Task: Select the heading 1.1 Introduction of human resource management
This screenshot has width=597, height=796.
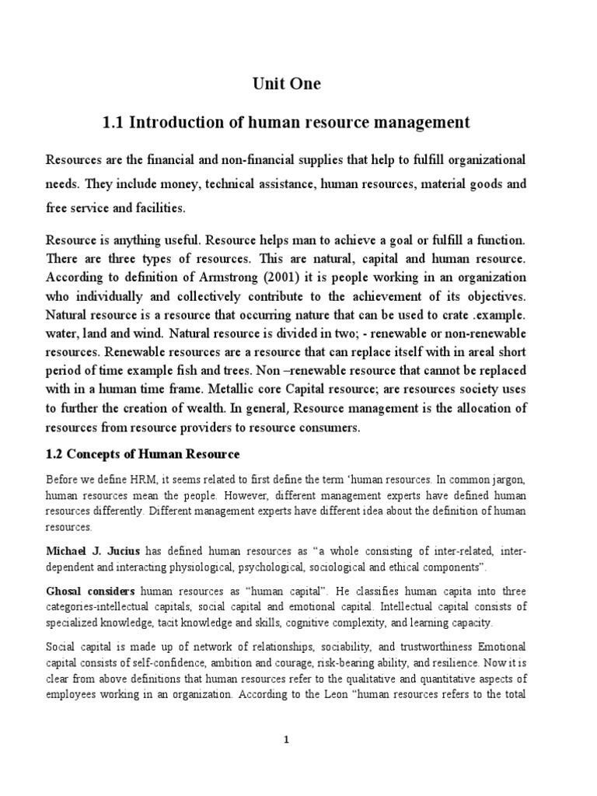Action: pos(286,122)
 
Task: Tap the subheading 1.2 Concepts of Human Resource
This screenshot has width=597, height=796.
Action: pos(143,454)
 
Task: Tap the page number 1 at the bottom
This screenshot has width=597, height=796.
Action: pos(286,740)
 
